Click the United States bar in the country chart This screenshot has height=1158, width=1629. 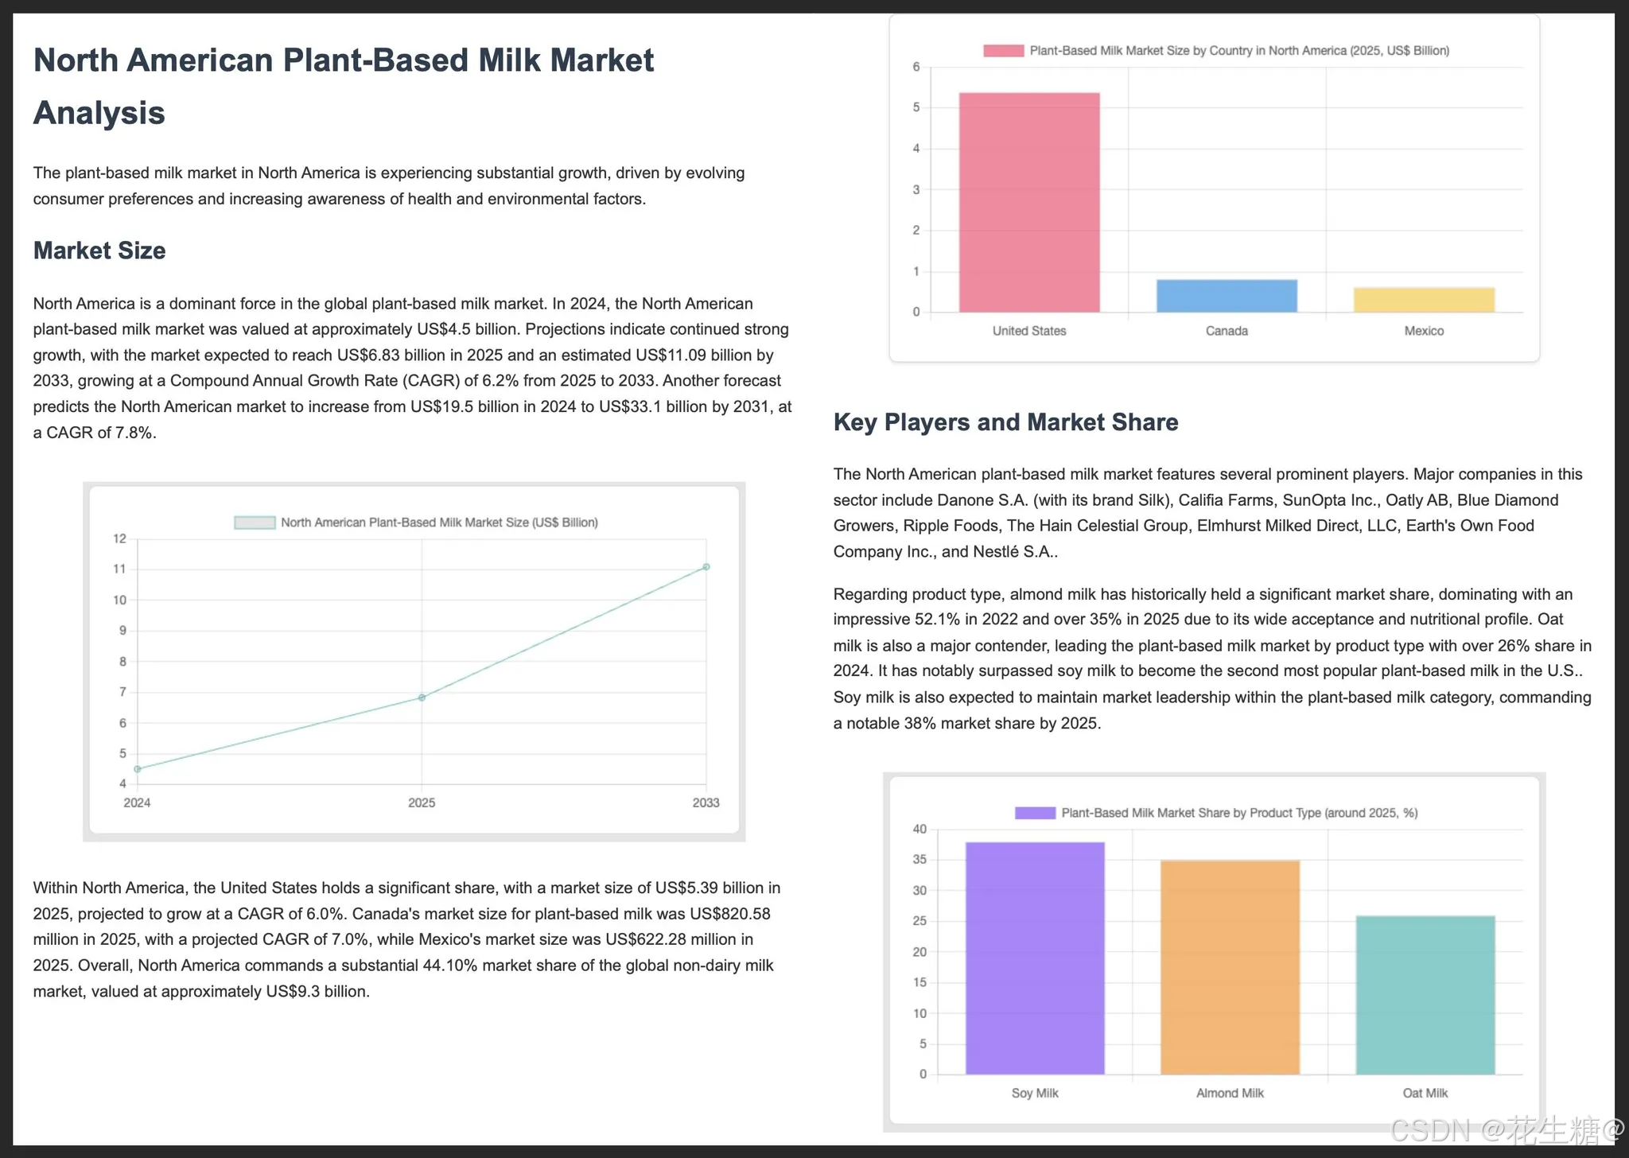click(1029, 203)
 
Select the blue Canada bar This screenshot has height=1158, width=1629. click(1227, 296)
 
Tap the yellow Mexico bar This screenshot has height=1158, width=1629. click(1424, 300)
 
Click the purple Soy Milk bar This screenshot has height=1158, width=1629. click(1035, 958)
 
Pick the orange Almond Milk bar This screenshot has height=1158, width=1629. click(1230, 967)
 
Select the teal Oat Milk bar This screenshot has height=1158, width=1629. click(1425, 995)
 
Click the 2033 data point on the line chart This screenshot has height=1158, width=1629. click(706, 567)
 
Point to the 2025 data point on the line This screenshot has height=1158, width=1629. click(422, 698)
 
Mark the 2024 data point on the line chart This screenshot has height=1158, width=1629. click(138, 769)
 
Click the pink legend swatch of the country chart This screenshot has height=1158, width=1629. click(1003, 51)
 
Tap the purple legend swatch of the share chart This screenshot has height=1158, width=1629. click(1035, 813)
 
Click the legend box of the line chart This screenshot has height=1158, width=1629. click(255, 523)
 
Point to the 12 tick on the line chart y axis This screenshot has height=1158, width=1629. click(119, 538)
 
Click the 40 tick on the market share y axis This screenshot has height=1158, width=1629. click(919, 830)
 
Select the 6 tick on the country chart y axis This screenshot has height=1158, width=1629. click(916, 67)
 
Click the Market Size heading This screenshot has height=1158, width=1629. click(99, 251)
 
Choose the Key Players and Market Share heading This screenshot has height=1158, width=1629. click(1005, 422)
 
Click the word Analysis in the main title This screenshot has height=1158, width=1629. click(99, 113)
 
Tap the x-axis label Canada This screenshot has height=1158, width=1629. click(1227, 331)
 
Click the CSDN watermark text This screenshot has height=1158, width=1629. click(1507, 1129)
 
